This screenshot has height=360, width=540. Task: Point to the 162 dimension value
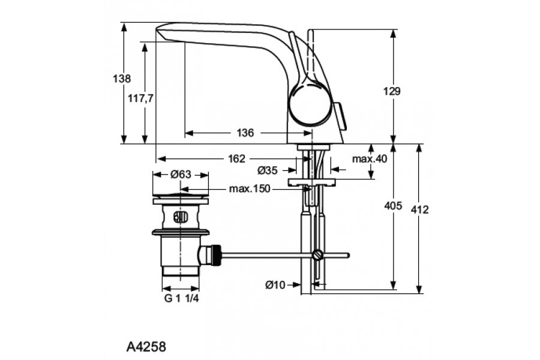click(237, 159)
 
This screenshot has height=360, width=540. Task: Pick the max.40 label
click(370, 159)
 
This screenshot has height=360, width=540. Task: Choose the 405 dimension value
click(392, 206)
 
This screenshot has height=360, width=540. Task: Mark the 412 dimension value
click(420, 209)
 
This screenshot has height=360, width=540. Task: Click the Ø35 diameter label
click(268, 170)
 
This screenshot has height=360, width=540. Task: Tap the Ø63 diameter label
click(181, 175)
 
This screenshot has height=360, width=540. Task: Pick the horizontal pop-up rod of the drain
click(270, 255)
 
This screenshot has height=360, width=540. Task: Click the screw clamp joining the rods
click(317, 255)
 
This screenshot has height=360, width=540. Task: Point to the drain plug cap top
click(181, 196)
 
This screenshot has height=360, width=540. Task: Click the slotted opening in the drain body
click(179, 217)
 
